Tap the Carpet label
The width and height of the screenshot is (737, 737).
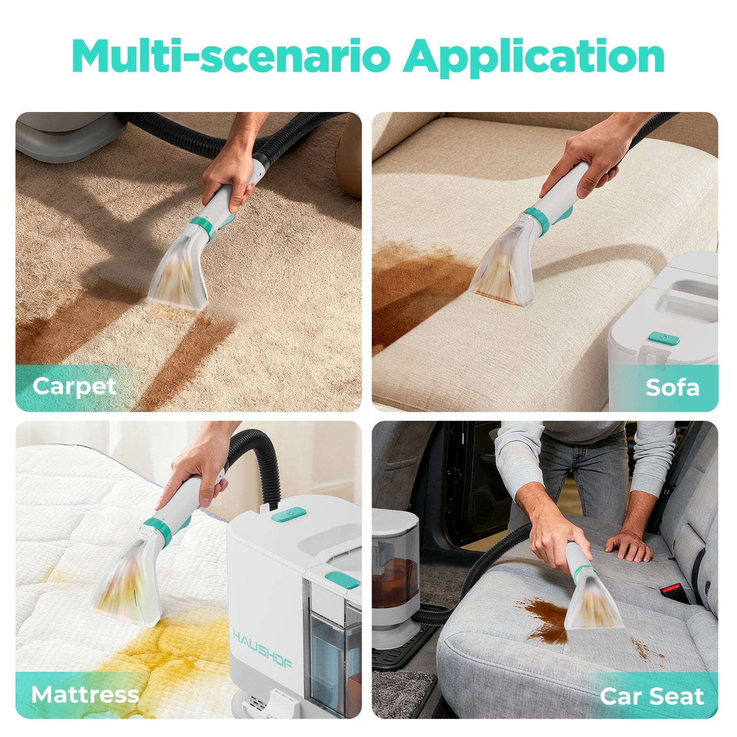click(x=74, y=387)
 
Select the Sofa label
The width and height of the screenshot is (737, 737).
click(x=672, y=387)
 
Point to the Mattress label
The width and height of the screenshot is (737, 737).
click(x=85, y=695)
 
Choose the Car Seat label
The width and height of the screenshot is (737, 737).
click(x=652, y=696)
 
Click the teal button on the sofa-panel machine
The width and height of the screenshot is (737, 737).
click(x=664, y=338)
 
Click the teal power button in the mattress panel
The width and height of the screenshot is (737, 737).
click(x=288, y=514)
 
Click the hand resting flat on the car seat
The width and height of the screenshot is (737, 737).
click(x=628, y=545)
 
